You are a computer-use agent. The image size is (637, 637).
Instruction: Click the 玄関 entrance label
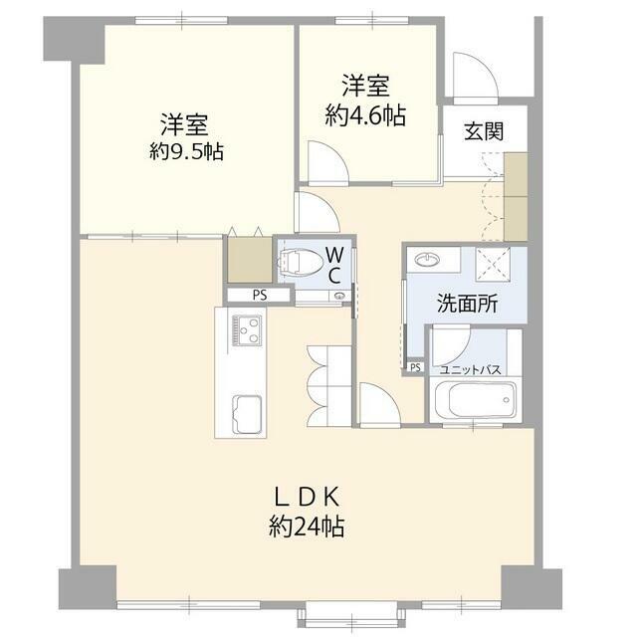(x=482, y=131)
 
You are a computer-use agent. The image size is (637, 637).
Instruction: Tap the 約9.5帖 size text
(x=186, y=152)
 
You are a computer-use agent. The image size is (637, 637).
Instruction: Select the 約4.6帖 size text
(x=365, y=115)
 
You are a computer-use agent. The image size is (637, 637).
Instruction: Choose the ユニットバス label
(x=471, y=369)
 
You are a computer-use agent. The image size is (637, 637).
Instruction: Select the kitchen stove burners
(x=245, y=328)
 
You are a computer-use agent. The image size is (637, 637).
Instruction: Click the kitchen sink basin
(x=245, y=410)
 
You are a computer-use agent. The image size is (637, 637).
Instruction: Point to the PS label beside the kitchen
(x=259, y=295)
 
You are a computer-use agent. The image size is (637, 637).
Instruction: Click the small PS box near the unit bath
(x=415, y=367)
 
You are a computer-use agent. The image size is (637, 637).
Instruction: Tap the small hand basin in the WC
(x=341, y=295)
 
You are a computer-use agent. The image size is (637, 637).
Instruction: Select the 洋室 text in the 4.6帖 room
(x=365, y=86)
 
